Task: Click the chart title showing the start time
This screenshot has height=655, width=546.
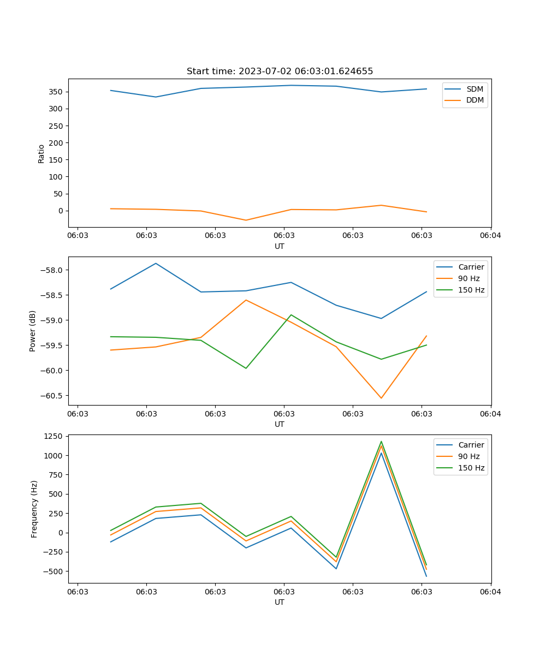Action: pos(280,71)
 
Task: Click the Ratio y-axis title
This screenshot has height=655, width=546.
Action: pos(41,153)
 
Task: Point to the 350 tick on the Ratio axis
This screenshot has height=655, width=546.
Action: pos(57,92)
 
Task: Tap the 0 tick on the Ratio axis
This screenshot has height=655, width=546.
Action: pos(61,211)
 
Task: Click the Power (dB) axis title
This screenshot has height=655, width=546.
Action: pos(33,331)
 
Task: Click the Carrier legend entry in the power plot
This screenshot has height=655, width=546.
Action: pos(471,267)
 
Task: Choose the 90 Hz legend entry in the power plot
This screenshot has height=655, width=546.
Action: pos(468,278)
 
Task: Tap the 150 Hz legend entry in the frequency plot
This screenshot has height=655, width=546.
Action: pos(471,468)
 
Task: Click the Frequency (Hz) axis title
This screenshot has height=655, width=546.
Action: pos(34,509)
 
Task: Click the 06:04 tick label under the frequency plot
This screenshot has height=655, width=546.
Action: pos(490,591)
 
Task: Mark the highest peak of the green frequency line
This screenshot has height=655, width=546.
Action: pos(381,441)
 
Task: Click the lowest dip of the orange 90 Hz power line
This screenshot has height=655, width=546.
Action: pos(381,398)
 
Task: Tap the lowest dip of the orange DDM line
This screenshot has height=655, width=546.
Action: pos(246,220)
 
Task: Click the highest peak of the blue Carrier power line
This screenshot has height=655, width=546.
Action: pos(156,263)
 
